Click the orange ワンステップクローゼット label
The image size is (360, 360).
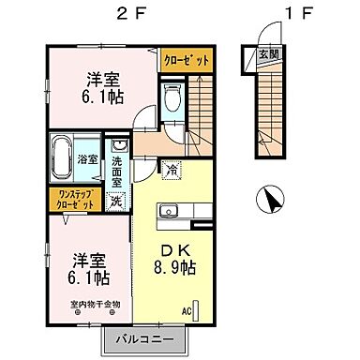[x=71, y=199]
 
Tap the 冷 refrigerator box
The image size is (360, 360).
[x=170, y=169]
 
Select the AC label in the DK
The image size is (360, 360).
[x=187, y=311]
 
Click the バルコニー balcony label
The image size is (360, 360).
[x=149, y=338]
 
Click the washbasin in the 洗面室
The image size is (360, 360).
[x=119, y=146]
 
